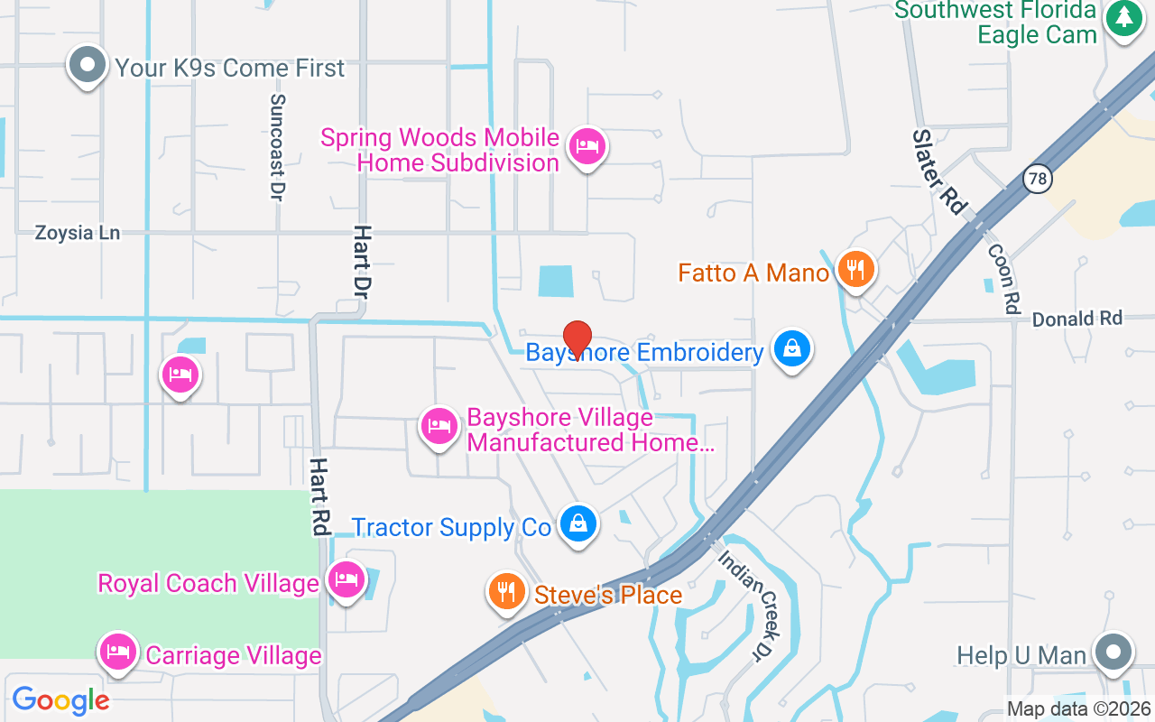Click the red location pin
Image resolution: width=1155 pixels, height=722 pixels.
click(x=577, y=339)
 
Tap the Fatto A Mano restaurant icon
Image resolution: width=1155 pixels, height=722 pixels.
click(x=855, y=269)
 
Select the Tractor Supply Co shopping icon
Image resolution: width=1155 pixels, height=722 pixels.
click(x=577, y=523)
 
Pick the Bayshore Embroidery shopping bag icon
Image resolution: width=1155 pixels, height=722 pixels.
click(x=791, y=349)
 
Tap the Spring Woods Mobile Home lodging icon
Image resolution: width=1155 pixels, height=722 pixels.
click(x=587, y=146)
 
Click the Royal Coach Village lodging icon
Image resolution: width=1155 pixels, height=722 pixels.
click(x=346, y=579)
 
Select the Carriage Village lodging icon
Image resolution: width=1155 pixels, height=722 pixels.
click(x=118, y=652)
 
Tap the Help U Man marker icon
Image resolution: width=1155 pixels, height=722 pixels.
click(x=1112, y=652)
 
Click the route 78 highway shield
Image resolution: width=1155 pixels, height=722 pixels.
click(x=1038, y=178)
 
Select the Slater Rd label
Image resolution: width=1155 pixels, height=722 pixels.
click(x=939, y=171)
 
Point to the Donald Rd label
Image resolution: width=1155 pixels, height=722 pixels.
click(x=1076, y=319)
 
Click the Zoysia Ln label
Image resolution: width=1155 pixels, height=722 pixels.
click(x=77, y=233)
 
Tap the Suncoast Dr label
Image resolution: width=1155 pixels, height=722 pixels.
click(x=277, y=147)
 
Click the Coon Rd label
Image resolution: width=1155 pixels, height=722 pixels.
click(x=1003, y=279)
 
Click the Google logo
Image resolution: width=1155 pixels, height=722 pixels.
click(x=60, y=700)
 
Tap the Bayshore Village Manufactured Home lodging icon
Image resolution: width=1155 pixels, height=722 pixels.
click(x=439, y=425)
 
